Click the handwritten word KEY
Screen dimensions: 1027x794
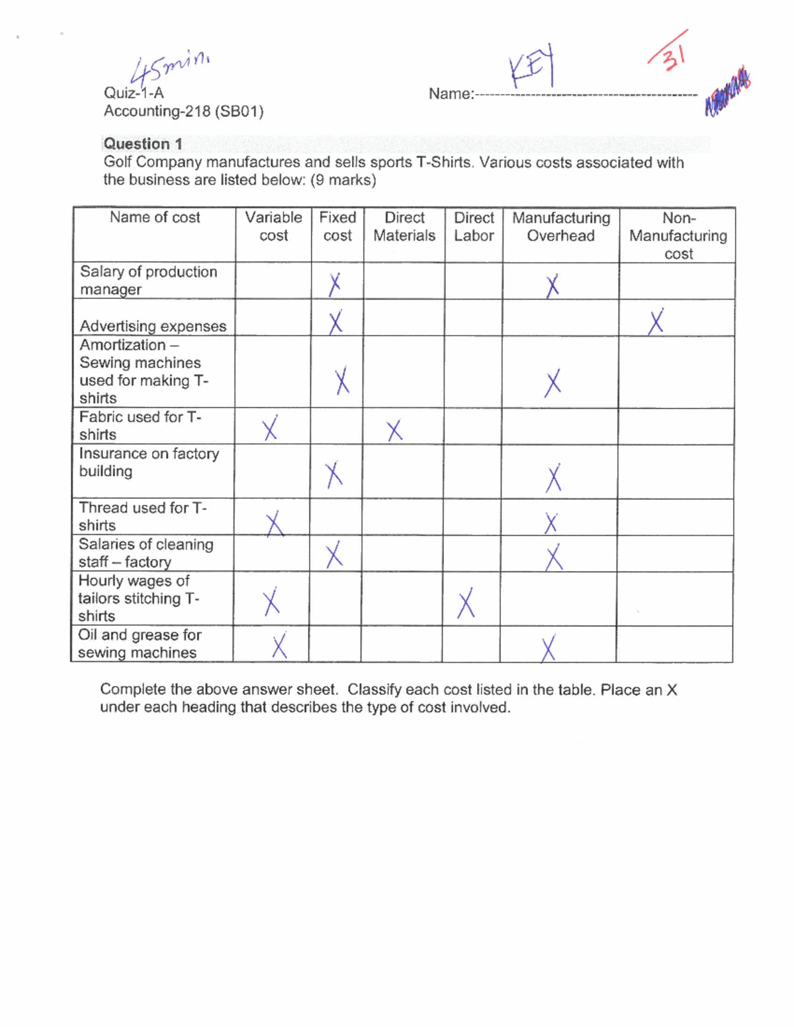pos(531,68)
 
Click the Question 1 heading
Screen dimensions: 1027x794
pos(143,144)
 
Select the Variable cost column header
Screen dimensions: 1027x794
pos(273,226)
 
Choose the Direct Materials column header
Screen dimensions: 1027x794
pos(404,226)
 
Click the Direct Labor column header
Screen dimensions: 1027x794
pos(474,226)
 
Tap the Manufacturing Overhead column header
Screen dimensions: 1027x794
pos(561,226)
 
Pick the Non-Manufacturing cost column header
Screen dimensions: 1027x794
pos(678,235)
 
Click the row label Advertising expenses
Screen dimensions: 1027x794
pos(153,326)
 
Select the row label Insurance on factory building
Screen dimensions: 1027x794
pos(149,462)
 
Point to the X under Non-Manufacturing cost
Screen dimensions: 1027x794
pos(656,322)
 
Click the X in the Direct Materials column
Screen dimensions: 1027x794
pos(394,431)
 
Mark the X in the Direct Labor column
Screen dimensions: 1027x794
pos(466,602)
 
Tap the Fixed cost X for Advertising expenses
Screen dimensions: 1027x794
pos(335,322)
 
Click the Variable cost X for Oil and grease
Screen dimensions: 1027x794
pos(279,646)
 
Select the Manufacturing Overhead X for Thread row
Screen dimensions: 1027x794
pos(551,524)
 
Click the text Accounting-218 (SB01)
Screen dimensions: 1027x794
pos(183,111)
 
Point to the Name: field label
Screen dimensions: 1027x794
pos(451,94)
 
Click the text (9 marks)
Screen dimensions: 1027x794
pos(343,180)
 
